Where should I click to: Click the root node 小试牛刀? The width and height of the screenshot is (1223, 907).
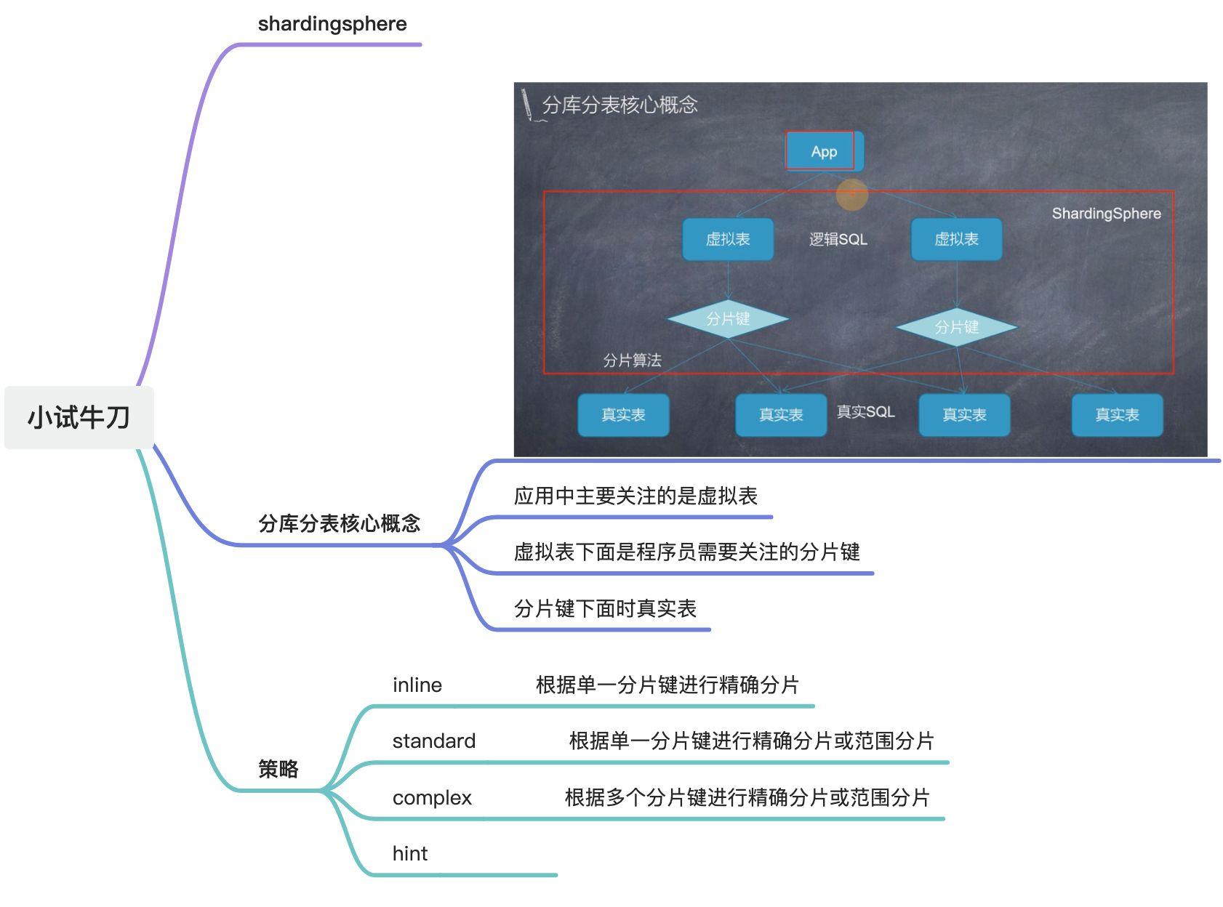[79, 418]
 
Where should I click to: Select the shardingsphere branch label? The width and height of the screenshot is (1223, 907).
[332, 24]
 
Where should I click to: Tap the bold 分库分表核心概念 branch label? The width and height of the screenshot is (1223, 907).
[339, 523]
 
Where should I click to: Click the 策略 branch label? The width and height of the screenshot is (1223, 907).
[278, 769]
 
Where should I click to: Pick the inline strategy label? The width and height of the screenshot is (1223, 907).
[417, 685]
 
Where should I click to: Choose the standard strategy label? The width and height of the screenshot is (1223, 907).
[433, 741]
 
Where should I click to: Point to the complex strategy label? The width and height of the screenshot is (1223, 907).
[432, 798]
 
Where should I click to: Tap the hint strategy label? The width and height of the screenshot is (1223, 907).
[409, 854]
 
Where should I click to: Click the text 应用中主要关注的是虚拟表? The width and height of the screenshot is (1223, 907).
[635, 496]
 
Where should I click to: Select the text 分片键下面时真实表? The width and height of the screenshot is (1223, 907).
[605, 609]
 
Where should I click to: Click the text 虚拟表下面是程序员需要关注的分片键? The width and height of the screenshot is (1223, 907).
[686, 552]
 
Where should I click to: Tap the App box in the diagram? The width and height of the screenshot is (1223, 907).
[824, 152]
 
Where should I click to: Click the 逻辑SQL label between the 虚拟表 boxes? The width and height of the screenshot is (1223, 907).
[838, 239]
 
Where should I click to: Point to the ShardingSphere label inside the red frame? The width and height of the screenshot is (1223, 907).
[1106, 214]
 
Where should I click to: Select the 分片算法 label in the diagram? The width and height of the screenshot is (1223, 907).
[632, 360]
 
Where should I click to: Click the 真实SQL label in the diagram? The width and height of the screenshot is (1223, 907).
[865, 412]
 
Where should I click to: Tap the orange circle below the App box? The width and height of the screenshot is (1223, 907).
[852, 194]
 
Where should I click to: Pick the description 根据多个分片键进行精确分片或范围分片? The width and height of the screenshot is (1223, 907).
[747, 798]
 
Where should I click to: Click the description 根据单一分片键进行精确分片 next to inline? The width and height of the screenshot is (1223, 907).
[667, 685]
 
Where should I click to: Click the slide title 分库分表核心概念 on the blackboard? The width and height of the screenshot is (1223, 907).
[619, 105]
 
